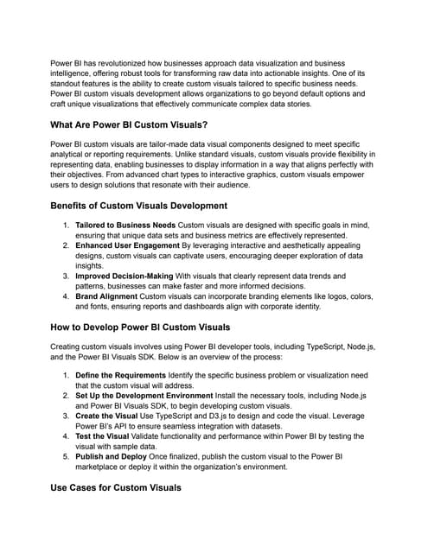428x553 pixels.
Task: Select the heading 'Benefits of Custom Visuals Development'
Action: point(139,206)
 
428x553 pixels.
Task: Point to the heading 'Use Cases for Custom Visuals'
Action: point(116,487)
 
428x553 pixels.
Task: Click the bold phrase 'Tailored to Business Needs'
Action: point(125,225)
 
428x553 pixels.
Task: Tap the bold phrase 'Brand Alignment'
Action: point(108,296)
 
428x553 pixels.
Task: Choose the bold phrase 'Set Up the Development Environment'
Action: point(150,396)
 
